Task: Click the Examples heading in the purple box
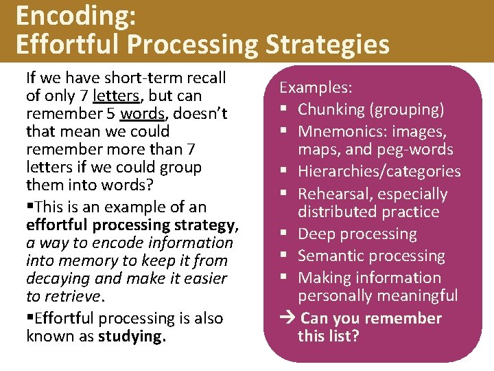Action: (316, 88)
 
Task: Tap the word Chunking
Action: (331, 109)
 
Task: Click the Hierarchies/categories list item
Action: (379, 171)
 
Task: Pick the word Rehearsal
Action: (333, 194)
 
